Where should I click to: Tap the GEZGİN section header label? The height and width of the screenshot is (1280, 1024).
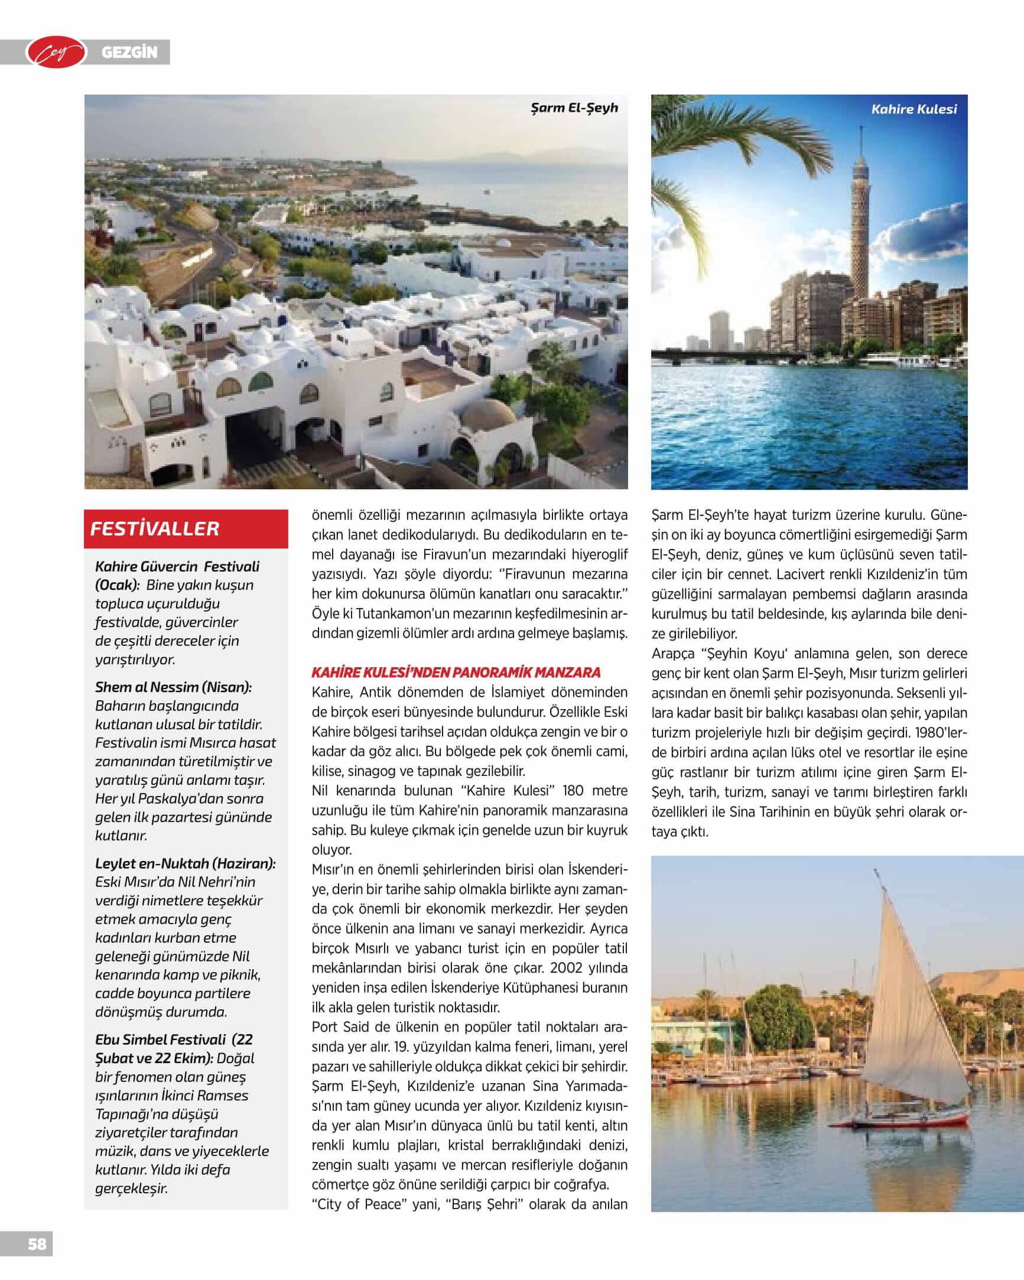click(129, 53)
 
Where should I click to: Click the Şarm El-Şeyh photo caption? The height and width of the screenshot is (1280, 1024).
click(574, 108)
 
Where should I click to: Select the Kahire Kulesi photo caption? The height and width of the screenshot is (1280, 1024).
click(914, 109)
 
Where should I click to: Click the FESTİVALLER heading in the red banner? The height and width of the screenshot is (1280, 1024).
click(155, 528)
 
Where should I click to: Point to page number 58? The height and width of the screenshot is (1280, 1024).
click(37, 1243)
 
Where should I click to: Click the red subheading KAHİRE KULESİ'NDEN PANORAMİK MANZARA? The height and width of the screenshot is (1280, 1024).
click(456, 673)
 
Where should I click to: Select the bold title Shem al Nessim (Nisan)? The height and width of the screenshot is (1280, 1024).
click(173, 687)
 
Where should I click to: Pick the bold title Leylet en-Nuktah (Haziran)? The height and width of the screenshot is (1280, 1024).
click(185, 863)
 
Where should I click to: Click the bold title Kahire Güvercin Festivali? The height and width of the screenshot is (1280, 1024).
click(177, 566)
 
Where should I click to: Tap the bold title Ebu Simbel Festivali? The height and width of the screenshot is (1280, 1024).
click(161, 1039)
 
